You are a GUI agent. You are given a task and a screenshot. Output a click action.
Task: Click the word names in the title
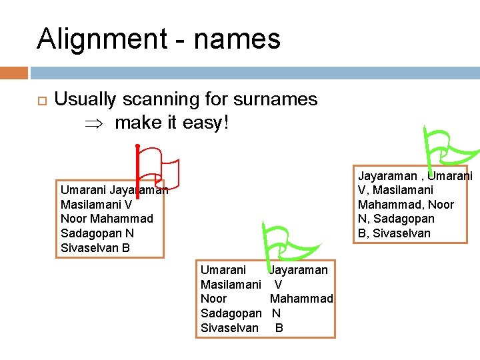tap(237, 39)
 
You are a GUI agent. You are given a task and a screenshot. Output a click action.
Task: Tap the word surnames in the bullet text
tap(275, 99)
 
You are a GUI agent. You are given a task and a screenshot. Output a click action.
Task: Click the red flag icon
tap(157, 169)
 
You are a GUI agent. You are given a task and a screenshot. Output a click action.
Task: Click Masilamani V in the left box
tap(96, 205)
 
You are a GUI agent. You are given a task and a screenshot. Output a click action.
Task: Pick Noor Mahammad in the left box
tap(107, 219)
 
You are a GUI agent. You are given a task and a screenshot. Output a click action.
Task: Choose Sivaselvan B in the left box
tap(95, 248)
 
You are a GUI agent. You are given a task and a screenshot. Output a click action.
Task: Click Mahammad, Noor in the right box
tap(405, 205)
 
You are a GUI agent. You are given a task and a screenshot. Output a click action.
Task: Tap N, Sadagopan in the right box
tap(396, 219)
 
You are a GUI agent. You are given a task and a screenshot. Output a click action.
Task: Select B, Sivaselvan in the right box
tap(394, 233)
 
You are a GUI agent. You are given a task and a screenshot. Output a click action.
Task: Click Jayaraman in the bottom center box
tap(298, 270)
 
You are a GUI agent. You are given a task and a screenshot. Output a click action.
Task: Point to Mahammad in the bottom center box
tap(301, 299)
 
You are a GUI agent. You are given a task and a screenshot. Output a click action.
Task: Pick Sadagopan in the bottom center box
tap(231, 313)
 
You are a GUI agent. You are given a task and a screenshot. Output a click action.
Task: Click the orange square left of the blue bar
tap(14, 73)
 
